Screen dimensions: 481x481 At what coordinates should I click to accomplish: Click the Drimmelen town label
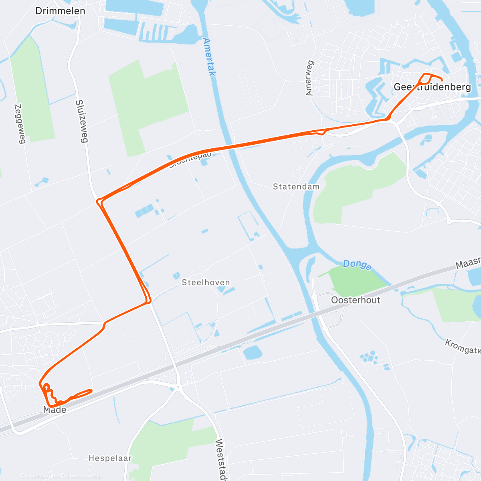(x=60, y=11)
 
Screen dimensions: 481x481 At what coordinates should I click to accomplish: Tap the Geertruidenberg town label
(x=432, y=87)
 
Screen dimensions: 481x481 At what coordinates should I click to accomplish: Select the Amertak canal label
(x=209, y=57)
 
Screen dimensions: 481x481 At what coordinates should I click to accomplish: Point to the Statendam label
(x=296, y=186)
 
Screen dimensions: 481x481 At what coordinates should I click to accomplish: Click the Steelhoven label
(x=206, y=283)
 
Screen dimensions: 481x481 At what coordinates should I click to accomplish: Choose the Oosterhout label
(x=356, y=300)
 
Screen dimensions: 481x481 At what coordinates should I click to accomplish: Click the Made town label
(x=55, y=410)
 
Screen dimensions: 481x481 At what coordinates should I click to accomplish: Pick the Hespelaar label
(x=110, y=458)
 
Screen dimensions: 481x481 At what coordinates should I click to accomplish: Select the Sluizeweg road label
(x=81, y=121)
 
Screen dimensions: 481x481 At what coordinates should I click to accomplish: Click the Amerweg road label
(x=309, y=78)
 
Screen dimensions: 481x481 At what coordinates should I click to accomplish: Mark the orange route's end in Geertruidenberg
(x=442, y=79)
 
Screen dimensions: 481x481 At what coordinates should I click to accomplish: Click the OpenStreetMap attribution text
(x=81, y=476)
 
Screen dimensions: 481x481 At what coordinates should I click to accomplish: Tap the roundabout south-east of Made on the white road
(x=178, y=387)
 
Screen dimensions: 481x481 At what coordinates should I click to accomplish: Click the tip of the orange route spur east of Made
(x=92, y=390)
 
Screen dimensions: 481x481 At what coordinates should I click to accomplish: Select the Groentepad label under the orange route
(x=190, y=160)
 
